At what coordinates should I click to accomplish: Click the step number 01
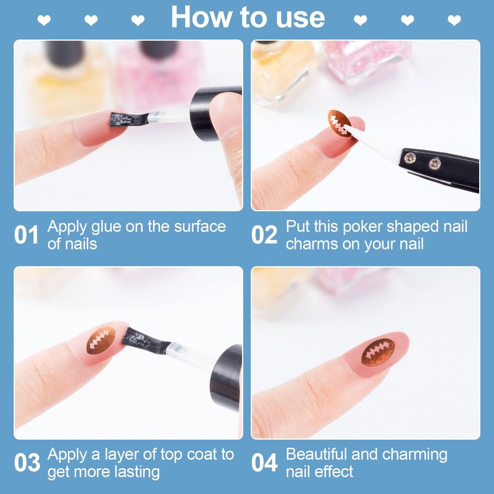click(x=26, y=235)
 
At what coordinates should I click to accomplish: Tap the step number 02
click(x=264, y=235)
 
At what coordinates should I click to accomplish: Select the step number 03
click(x=27, y=463)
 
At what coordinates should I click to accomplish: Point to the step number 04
click(x=265, y=463)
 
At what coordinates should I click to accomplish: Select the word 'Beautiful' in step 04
click(x=316, y=454)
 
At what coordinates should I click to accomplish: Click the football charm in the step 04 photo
click(x=378, y=352)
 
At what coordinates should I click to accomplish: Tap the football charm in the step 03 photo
click(x=101, y=340)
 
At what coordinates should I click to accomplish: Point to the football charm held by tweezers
click(x=339, y=123)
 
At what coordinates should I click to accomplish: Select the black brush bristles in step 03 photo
click(x=146, y=341)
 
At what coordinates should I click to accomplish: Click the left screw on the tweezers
click(x=410, y=157)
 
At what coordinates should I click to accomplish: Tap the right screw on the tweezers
click(x=435, y=164)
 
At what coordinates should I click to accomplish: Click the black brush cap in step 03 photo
click(x=226, y=377)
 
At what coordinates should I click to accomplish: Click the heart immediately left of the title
click(x=138, y=20)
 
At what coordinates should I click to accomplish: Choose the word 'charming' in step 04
click(x=414, y=455)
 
